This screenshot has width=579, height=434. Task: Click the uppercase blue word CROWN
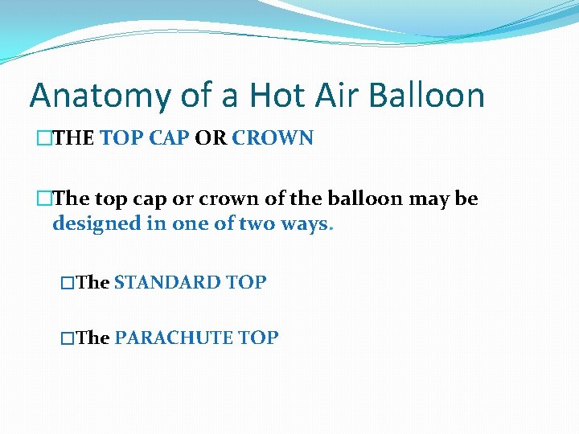coord(273,138)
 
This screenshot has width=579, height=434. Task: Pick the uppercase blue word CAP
coord(170,138)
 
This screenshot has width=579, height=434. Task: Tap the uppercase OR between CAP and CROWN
coord(211,138)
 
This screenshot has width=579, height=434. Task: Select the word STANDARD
coord(167,283)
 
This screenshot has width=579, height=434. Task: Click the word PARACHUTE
coord(174,338)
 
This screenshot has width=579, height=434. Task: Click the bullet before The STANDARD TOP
coord(68,283)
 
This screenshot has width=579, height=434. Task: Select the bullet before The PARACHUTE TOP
coord(68,338)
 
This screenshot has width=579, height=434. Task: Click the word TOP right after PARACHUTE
coord(258,338)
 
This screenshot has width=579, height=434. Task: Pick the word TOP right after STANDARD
coord(246,283)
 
